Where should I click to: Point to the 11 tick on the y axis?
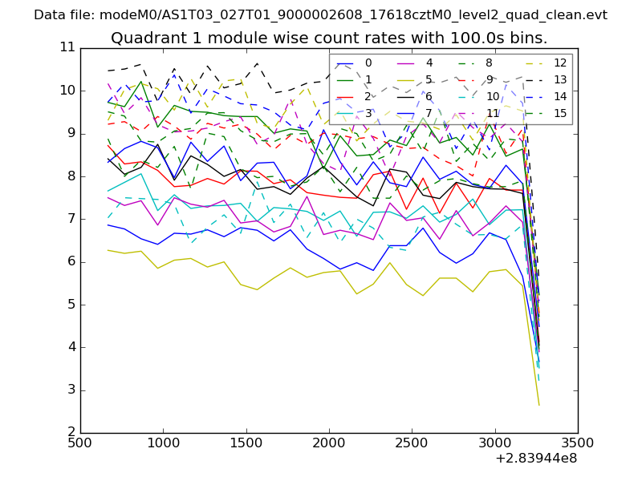click(x=67, y=48)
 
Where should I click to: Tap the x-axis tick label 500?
click(x=80, y=443)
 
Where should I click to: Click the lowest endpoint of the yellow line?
click(x=538, y=405)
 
